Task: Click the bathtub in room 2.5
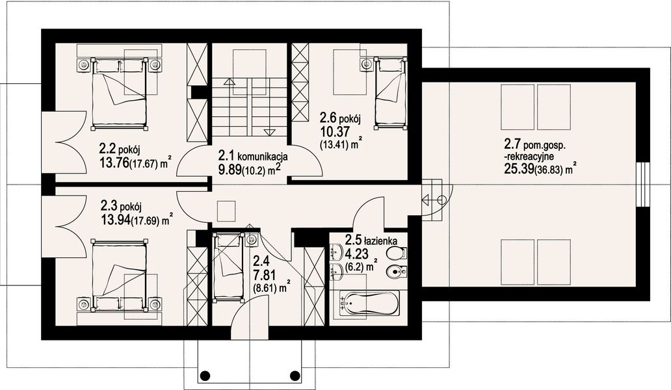(x=369, y=303)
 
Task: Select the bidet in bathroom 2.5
(x=396, y=270)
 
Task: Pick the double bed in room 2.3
(x=120, y=276)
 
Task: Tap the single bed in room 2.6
(x=389, y=93)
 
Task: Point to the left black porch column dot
(x=205, y=376)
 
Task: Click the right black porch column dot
(x=295, y=376)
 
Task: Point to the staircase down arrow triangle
(x=269, y=132)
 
